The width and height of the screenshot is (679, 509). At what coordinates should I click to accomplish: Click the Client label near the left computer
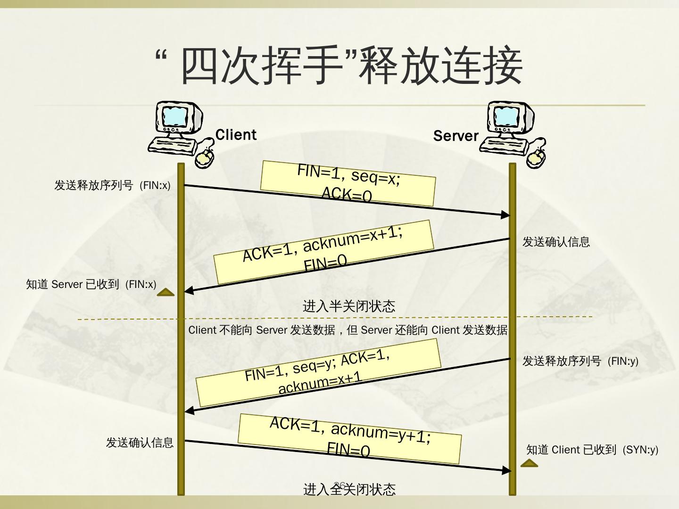(236, 135)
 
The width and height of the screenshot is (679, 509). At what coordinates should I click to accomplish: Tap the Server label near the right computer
(455, 136)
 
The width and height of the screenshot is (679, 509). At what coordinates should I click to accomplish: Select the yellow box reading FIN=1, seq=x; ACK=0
(348, 183)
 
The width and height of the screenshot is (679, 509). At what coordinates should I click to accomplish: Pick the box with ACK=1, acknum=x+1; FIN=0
(323, 252)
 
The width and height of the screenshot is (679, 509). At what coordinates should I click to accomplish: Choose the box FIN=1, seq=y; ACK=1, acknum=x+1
(318, 372)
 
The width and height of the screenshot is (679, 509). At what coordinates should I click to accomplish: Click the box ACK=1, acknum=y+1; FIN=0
(349, 438)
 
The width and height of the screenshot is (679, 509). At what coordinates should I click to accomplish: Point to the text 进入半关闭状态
(349, 306)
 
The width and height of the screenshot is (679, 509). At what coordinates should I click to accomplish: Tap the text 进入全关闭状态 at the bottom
(349, 489)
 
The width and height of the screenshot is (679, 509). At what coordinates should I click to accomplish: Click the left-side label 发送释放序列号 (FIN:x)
(112, 185)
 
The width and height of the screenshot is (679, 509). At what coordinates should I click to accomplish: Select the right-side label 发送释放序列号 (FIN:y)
(580, 361)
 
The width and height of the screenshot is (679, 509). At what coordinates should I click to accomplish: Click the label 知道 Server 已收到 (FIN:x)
(91, 284)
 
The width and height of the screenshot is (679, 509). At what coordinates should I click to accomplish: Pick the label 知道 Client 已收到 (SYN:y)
(592, 450)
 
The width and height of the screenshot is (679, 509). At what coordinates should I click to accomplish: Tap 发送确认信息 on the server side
(556, 242)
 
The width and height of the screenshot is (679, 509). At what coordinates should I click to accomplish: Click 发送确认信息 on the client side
(140, 443)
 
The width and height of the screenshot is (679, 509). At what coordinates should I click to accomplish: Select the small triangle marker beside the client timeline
(166, 293)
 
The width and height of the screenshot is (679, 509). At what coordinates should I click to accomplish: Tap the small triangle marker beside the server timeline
(529, 464)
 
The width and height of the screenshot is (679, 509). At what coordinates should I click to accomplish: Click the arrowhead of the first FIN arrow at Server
(505, 215)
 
